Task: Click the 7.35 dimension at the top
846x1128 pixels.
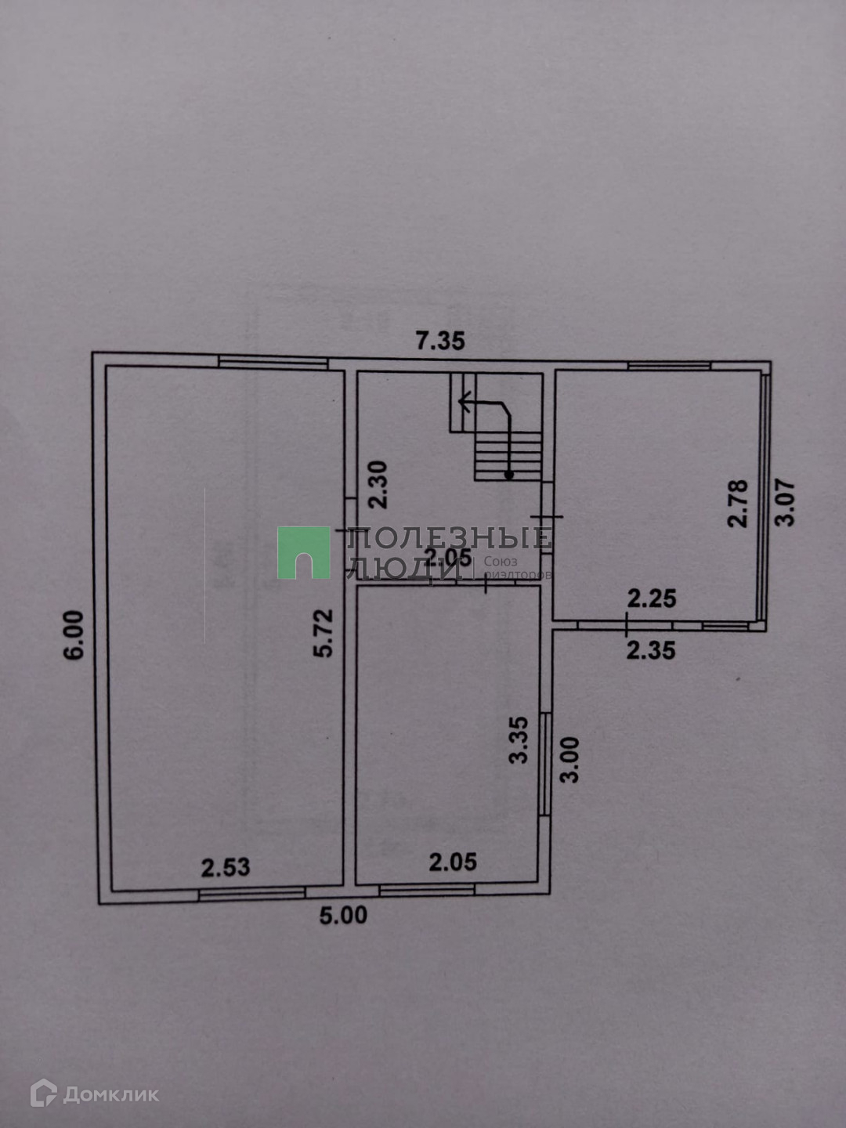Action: point(440,341)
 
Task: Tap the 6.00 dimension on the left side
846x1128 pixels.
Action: point(74,634)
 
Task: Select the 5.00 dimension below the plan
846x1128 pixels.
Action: point(343,915)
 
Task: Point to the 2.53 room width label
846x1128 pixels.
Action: point(226,867)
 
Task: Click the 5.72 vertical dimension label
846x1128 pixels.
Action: point(324,633)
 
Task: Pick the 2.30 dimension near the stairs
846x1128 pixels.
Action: point(378,485)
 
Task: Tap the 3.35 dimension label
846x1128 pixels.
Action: point(519,739)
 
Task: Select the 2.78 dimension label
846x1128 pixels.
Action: point(738,503)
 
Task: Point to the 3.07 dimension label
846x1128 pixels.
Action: point(785,502)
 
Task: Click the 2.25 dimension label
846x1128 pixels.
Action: point(652,598)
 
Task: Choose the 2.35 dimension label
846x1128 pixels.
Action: point(651,649)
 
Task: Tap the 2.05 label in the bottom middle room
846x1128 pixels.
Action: point(453,862)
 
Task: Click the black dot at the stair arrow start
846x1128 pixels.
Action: point(509,475)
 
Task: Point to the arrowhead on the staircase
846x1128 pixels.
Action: point(463,404)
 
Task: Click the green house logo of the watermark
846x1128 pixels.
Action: point(303,553)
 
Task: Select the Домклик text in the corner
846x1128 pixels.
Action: point(110,1094)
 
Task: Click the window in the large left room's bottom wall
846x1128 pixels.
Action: point(251,893)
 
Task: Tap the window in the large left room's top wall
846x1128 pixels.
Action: point(272,362)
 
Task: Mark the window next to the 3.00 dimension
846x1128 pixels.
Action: point(545,764)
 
